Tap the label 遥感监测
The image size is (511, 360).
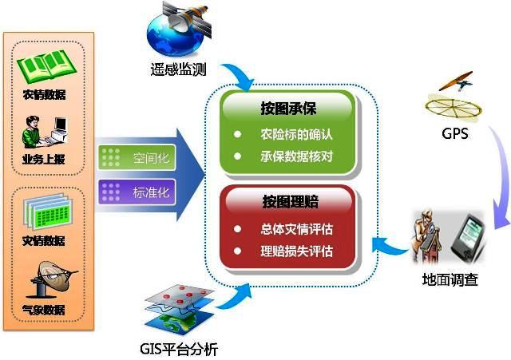(178, 69)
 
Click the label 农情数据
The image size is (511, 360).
(44, 94)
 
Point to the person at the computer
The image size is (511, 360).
(45, 133)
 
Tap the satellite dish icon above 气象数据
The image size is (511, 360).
(52, 280)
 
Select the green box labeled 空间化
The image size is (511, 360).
(137, 158)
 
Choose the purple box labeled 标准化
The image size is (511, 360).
(137, 192)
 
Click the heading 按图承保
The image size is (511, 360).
(288, 109)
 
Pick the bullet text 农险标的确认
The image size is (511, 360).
(296, 134)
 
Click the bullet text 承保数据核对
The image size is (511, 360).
(296, 156)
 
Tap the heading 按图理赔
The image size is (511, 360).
(291, 201)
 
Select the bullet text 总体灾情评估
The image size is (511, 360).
(296, 229)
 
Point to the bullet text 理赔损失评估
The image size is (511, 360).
(296, 251)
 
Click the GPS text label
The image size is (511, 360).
(454, 133)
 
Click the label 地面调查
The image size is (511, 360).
(450, 279)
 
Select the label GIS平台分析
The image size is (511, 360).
(179, 349)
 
